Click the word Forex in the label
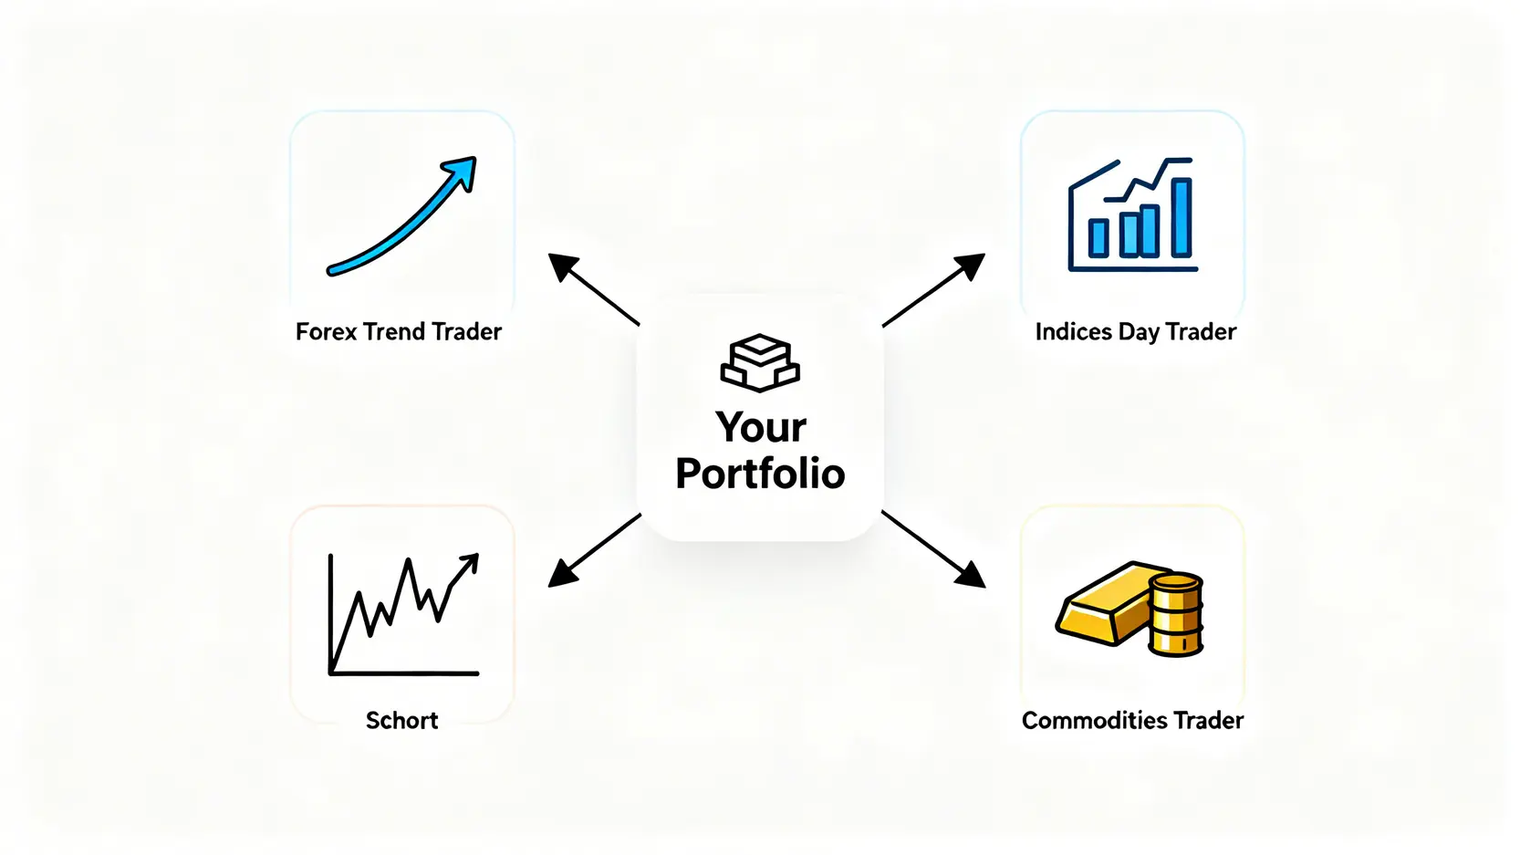326,332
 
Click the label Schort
401,721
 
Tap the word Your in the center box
761,427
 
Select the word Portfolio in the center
760,473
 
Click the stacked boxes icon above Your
760,362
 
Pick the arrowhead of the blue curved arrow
462,172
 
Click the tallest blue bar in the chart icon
1182,217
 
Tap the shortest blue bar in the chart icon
1098,238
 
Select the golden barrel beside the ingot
1175,615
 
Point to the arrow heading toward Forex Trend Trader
594,289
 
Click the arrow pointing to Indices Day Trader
933,290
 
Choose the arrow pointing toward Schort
595,550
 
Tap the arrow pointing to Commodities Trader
933,549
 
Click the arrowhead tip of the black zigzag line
478,555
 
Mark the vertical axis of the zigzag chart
330,614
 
